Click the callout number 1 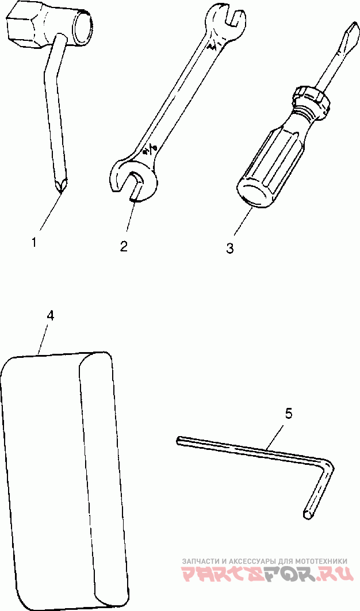coord(34,242)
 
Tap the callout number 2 coord(124,246)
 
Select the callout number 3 coord(230,248)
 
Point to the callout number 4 coord(51,315)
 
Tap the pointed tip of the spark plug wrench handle coord(60,185)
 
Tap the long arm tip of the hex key coord(178,441)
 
